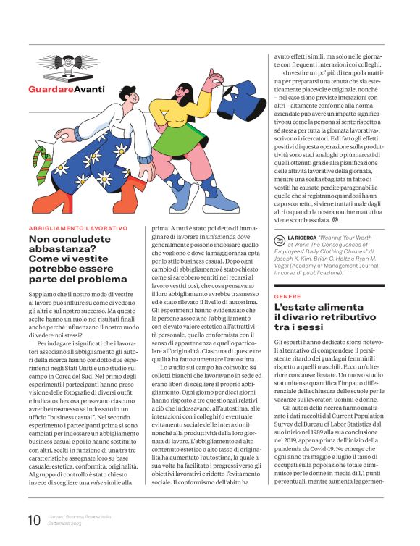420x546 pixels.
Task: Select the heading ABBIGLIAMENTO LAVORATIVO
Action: click(78, 228)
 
